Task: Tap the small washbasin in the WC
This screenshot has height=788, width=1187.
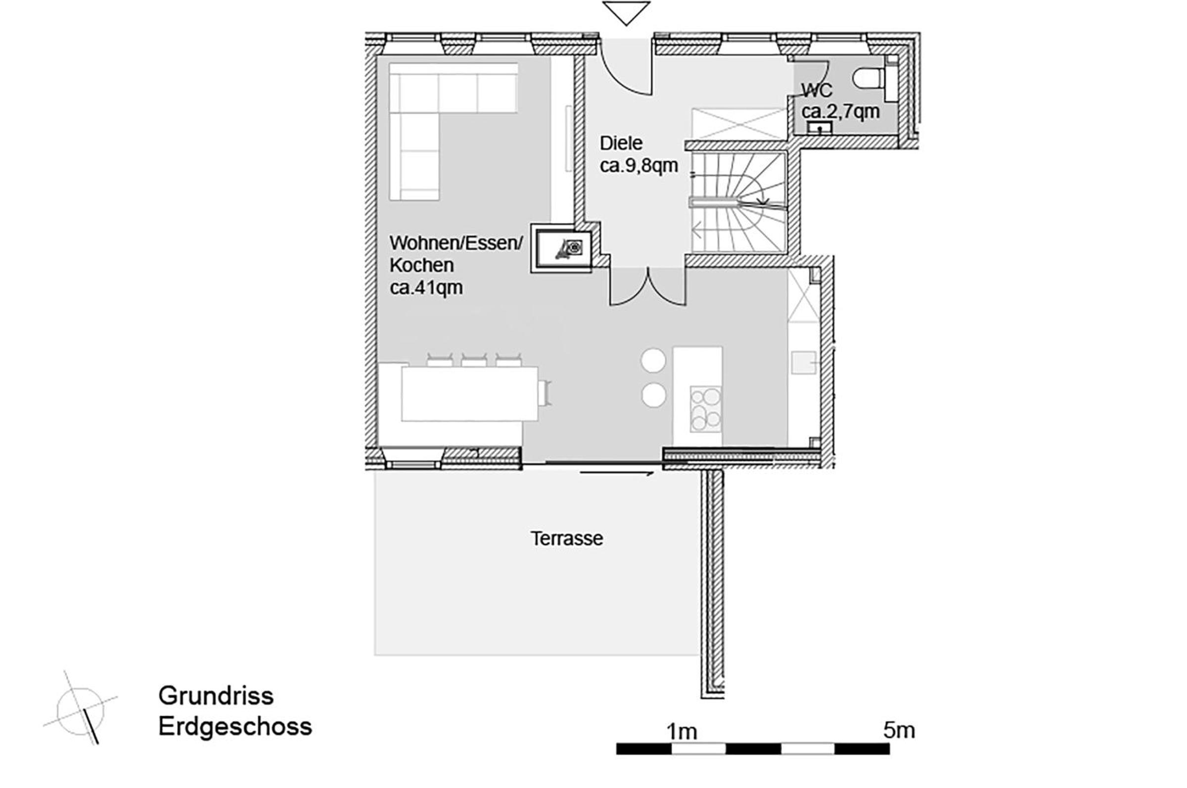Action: [x=820, y=128]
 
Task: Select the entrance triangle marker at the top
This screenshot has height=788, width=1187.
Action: [x=626, y=13]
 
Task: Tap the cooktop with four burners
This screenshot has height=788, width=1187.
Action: [x=706, y=408]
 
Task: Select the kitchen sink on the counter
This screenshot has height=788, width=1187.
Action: [x=803, y=362]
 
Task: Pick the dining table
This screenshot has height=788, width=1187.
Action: [x=469, y=394]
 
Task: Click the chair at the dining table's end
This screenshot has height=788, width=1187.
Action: [x=545, y=393]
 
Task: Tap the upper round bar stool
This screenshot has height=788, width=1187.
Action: [x=653, y=360]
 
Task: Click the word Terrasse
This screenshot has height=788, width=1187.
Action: [x=567, y=539]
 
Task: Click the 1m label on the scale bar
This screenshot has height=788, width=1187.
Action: [x=682, y=732]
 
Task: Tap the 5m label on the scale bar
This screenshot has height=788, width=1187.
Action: [x=899, y=731]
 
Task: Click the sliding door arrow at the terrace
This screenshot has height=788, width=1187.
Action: [x=617, y=473]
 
